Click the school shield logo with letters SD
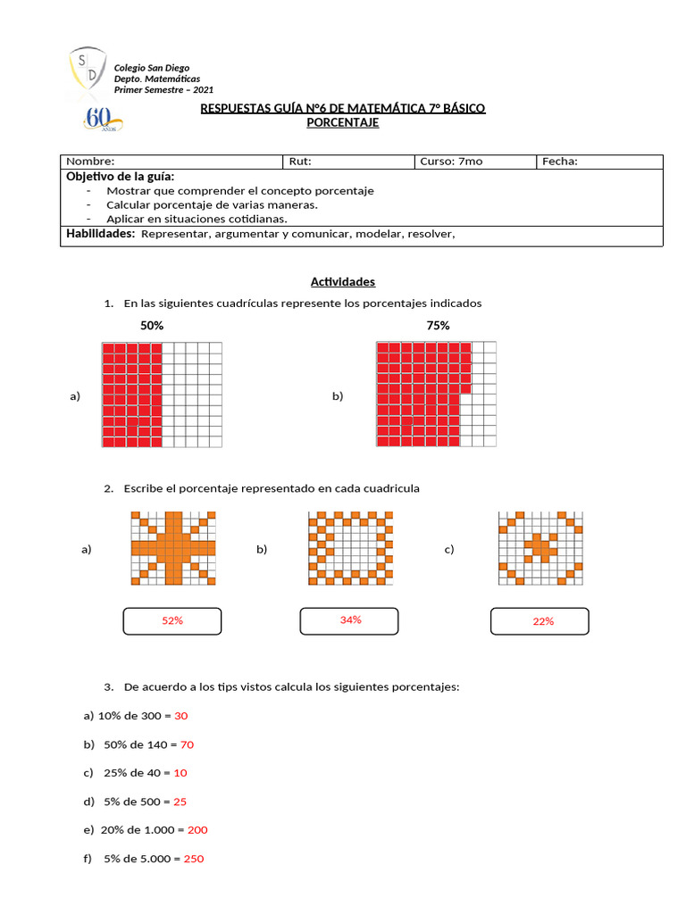point(88,70)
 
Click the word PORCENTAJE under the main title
point(343,122)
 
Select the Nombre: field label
point(90,162)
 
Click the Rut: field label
point(299,162)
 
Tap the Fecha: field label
point(559,162)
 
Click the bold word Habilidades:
point(101,234)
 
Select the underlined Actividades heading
point(343,282)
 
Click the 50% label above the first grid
point(152,326)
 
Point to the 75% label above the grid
point(438,326)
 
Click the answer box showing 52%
point(172,620)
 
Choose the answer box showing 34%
point(350,619)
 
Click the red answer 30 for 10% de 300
point(181,716)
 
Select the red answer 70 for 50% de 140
point(187,744)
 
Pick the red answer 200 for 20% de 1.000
point(197,830)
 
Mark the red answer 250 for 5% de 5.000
point(194,859)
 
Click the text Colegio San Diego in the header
point(151,68)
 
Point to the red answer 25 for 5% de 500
point(180,802)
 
